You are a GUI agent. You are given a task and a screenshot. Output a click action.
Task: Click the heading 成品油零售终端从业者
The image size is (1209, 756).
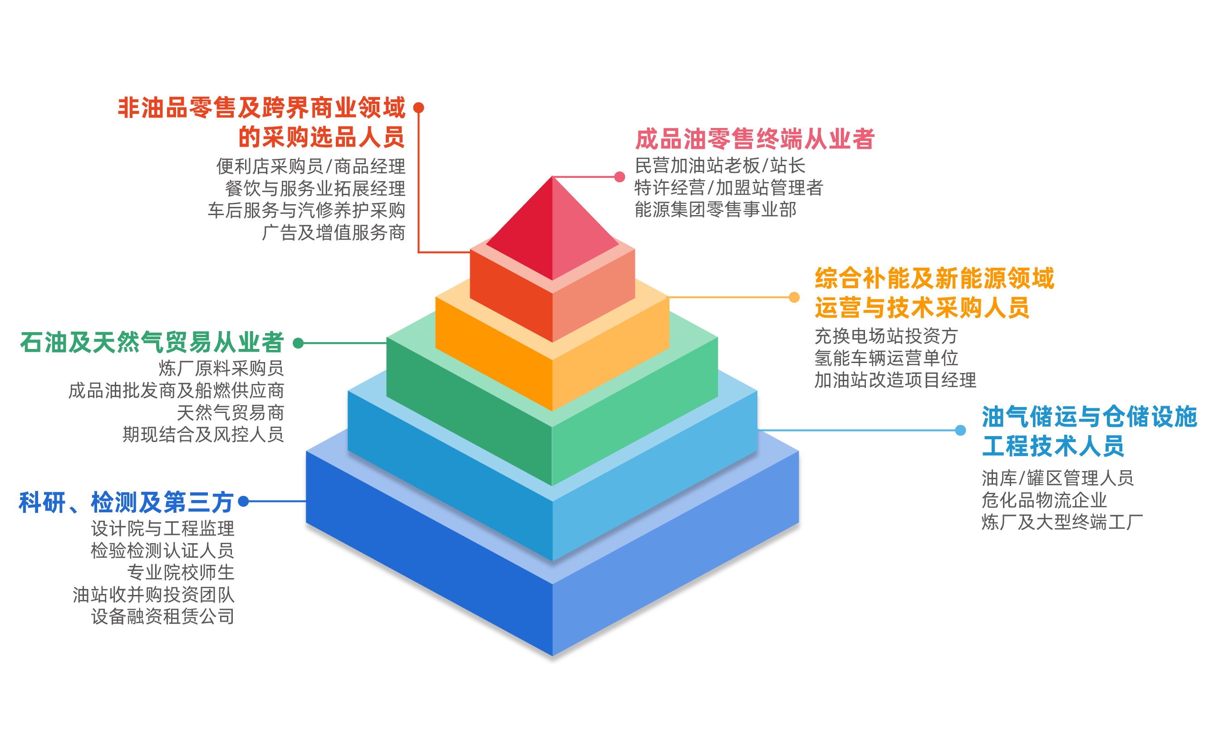coord(755,138)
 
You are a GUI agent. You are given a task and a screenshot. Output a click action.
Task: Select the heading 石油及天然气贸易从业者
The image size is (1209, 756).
coord(152,343)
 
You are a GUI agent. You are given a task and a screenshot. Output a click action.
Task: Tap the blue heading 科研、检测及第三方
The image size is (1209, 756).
coord(126,502)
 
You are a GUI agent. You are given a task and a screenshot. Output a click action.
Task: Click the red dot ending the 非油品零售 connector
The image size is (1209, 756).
coord(419,108)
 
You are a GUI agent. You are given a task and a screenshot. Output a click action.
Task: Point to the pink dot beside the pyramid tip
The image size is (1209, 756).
coord(619,177)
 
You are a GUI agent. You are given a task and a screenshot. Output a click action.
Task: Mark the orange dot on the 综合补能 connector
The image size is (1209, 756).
coord(794,297)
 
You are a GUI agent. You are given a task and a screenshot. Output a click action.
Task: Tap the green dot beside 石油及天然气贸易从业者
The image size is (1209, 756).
coord(298,343)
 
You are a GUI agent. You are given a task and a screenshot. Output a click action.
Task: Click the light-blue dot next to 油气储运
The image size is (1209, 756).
coord(960,430)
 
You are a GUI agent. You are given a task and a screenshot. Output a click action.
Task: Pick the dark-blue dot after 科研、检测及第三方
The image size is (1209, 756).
coord(244,501)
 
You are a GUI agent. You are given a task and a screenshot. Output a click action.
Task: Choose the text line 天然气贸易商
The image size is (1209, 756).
coord(231,412)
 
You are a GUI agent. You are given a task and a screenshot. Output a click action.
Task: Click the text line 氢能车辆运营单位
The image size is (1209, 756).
coord(886,358)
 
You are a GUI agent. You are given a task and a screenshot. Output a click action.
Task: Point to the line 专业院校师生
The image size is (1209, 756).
coord(181,572)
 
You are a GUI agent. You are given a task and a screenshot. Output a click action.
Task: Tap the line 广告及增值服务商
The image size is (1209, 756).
coord(334,232)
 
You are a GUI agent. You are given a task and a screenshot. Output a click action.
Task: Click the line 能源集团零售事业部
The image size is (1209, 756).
coord(716,209)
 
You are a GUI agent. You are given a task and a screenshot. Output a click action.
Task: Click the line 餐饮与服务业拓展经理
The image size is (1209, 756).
coord(315,188)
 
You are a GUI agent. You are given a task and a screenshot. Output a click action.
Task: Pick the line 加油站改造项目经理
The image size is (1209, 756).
coord(895,379)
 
